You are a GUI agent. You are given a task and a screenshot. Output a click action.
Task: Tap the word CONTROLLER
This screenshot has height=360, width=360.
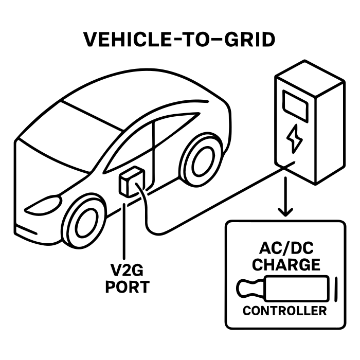(284, 311)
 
